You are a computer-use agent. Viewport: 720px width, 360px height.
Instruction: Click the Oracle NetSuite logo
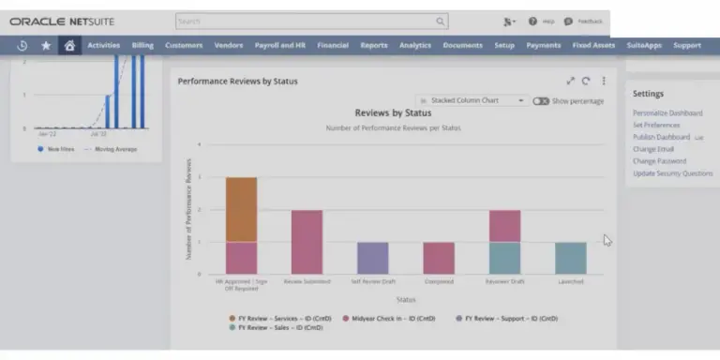click(63, 21)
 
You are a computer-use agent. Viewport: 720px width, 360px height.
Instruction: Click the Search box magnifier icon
click(440, 21)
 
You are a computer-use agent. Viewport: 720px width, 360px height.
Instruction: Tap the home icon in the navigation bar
click(68, 45)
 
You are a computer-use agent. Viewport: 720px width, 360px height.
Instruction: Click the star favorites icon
click(46, 45)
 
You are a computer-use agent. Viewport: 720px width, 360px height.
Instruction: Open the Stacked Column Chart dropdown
click(472, 100)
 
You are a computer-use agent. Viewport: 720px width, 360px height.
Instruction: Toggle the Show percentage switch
click(541, 101)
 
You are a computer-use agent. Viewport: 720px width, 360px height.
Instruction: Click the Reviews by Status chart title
click(393, 113)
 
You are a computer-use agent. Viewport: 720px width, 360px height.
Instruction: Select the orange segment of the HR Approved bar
click(241, 209)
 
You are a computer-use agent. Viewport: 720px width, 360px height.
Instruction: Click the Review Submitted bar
click(307, 242)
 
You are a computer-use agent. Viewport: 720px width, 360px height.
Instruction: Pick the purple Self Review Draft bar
click(372, 258)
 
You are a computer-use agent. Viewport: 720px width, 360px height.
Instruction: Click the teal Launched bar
click(570, 258)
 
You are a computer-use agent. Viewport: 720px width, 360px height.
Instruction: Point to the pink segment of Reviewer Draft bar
click(504, 226)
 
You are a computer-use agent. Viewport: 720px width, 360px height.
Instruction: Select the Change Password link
click(659, 161)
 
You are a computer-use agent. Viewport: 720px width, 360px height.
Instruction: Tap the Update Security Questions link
click(672, 173)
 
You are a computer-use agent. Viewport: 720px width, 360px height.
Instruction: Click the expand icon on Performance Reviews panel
click(571, 82)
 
